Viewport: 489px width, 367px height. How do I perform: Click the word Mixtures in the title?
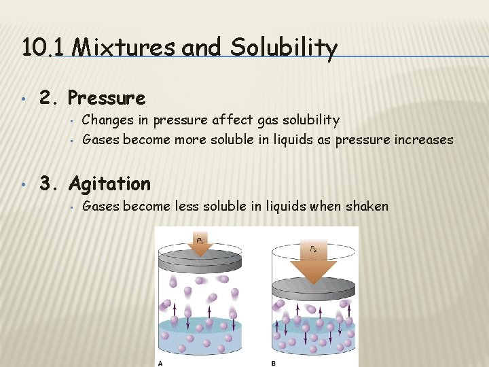click(112, 48)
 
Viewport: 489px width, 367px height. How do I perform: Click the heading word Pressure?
click(107, 99)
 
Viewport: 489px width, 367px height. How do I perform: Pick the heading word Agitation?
click(109, 183)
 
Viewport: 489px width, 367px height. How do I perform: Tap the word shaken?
click(367, 206)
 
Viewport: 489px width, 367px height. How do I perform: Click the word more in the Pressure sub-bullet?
click(191, 139)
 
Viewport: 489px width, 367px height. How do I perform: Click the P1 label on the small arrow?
click(200, 241)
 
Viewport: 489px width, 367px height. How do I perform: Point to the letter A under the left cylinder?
click(160, 363)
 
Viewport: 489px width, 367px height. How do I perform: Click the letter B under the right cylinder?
click(273, 363)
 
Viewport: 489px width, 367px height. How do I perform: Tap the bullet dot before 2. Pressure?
click(24, 99)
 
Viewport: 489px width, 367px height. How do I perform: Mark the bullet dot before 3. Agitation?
click(24, 184)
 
